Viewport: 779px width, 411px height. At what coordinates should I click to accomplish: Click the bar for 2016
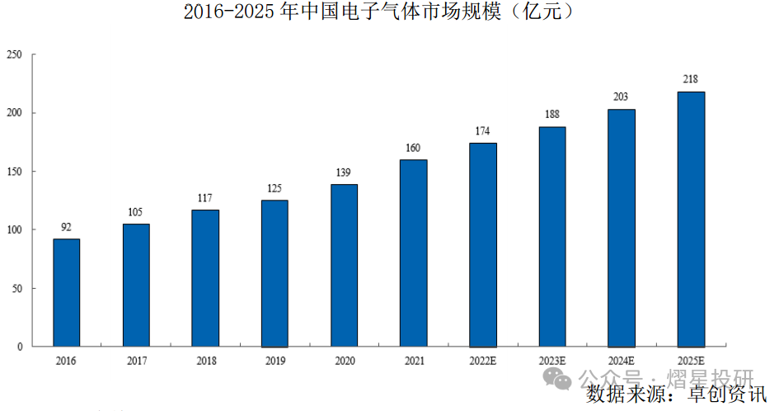[x=67, y=293]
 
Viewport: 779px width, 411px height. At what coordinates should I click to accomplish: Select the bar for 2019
[x=275, y=273]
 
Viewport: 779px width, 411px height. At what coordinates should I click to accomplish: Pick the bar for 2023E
[x=552, y=236]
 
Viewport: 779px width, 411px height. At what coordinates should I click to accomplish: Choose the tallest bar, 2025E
[x=691, y=219]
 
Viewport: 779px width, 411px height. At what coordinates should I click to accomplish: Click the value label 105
[x=136, y=212]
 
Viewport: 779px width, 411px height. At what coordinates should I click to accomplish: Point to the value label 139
[x=344, y=172]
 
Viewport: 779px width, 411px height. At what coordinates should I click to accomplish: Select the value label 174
[x=483, y=131]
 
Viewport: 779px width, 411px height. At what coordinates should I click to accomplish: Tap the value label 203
[x=622, y=97]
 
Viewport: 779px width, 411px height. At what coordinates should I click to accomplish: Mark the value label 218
[x=691, y=79]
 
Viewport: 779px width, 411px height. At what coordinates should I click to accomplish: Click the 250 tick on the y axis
[x=13, y=54]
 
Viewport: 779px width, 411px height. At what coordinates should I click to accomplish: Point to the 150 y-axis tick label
[x=13, y=172]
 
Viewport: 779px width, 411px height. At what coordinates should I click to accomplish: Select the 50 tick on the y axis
[x=16, y=289]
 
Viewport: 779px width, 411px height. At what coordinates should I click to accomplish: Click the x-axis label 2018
[x=205, y=361]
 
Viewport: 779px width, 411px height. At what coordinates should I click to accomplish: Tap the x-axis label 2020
[x=344, y=361]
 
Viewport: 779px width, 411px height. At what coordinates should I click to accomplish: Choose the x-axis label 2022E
[x=483, y=361]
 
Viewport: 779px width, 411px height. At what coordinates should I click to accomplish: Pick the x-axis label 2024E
[x=622, y=361]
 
